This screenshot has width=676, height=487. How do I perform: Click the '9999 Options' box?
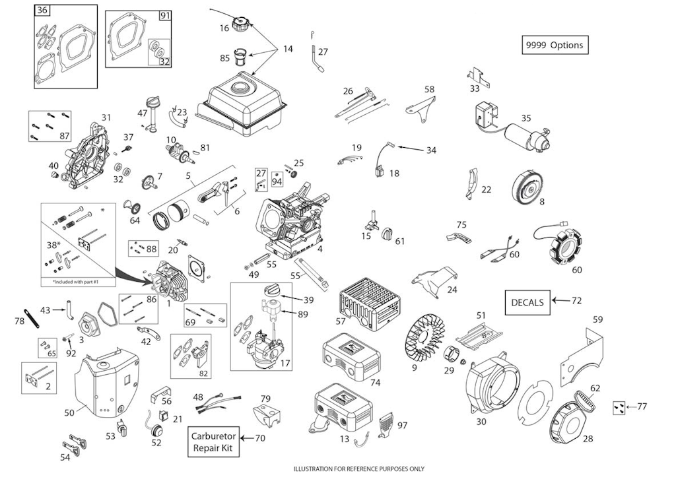[x=555, y=45]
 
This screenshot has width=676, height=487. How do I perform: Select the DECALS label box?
[x=527, y=302]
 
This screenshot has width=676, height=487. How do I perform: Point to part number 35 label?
[x=526, y=118]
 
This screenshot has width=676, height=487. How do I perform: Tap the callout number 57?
[x=341, y=321]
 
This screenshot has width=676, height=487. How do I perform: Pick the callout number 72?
[x=576, y=301]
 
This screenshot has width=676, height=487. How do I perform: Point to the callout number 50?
[x=69, y=412]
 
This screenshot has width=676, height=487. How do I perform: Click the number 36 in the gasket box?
[x=42, y=11]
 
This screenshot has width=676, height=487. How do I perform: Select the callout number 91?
[x=164, y=15]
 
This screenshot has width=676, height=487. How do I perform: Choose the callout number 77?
[x=642, y=406]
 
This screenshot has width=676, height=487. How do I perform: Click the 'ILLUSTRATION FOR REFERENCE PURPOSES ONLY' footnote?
[x=359, y=469]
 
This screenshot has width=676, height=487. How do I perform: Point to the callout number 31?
[x=106, y=117]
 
